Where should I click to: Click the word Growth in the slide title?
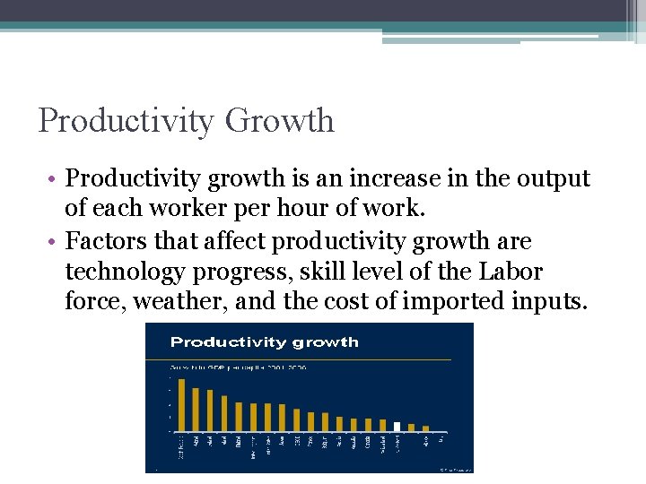[280, 120]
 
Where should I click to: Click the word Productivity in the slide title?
[127, 120]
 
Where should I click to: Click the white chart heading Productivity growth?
[264, 341]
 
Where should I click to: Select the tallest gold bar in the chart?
[182, 405]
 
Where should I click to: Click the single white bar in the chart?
[397, 426]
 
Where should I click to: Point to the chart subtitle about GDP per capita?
[237, 366]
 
